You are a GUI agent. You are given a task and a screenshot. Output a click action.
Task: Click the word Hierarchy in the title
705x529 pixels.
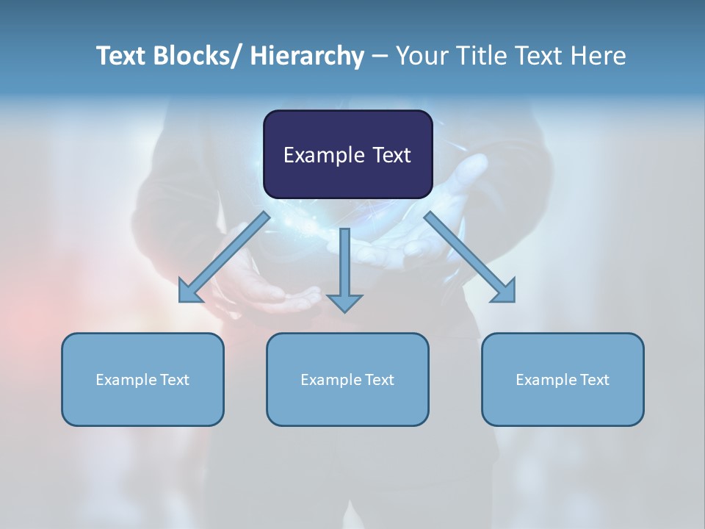307,57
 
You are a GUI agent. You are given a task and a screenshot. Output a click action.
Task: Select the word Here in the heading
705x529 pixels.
599,57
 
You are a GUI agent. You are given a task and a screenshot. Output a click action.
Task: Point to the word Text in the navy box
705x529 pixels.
391,155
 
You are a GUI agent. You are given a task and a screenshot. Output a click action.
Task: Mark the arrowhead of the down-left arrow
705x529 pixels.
189,292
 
